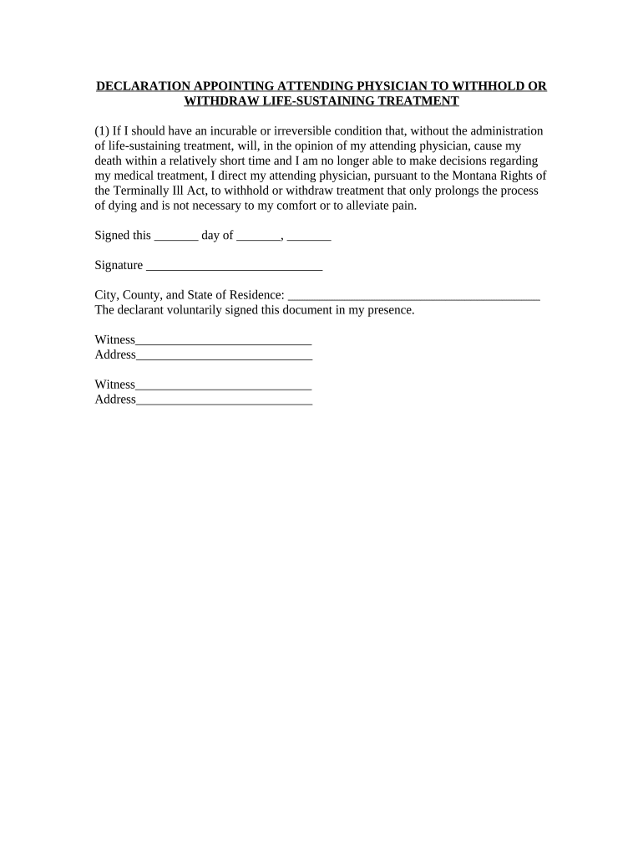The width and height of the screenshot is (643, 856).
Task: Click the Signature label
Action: point(119,266)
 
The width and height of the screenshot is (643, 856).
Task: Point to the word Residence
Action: point(253,295)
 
